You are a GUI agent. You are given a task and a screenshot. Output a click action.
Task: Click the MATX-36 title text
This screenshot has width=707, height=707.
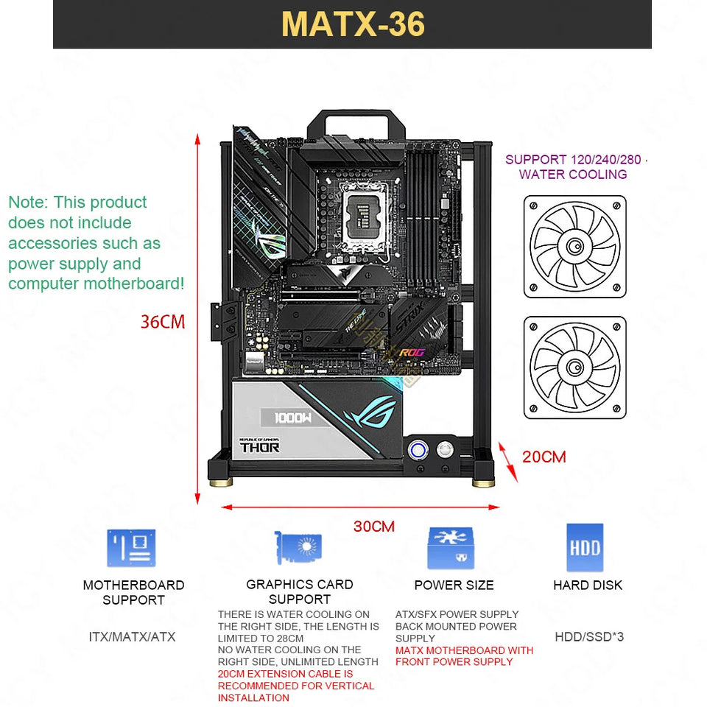[353, 24]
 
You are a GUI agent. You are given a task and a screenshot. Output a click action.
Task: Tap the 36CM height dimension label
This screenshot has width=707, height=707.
[163, 322]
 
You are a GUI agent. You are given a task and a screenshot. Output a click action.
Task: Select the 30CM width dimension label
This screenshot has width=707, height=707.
[373, 526]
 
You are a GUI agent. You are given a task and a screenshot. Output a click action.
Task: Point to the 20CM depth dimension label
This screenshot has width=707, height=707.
[544, 457]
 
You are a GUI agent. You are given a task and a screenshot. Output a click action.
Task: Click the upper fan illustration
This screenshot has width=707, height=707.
[575, 247]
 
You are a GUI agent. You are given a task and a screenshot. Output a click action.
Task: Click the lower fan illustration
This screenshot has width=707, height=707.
[575, 367]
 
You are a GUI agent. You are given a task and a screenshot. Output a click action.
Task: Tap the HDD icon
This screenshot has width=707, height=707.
[585, 547]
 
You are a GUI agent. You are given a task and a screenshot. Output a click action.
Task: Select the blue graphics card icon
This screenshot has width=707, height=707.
[299, 549]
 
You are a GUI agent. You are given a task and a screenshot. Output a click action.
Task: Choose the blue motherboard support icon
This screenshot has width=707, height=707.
[132, 548]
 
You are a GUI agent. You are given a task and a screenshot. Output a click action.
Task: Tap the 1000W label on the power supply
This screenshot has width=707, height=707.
[294, 418]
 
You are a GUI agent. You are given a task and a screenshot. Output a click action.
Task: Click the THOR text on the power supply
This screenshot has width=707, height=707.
[259, 447]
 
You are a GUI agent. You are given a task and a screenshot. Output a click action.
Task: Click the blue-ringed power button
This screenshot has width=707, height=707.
[418, 449]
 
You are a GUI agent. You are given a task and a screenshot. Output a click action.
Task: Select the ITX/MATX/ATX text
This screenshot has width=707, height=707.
[132, 636]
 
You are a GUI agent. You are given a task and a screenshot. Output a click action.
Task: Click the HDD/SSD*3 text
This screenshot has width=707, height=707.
[588, 636]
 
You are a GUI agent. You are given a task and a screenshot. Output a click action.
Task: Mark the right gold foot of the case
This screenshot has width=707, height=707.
[483, 482]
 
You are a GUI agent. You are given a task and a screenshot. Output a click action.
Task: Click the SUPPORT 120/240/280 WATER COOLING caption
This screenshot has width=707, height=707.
[572, 167]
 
